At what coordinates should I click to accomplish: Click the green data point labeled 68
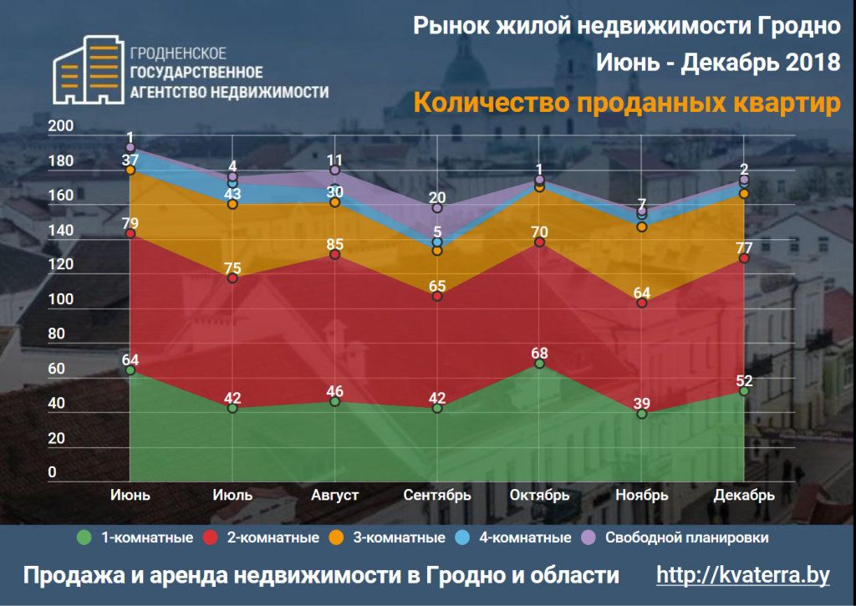540,364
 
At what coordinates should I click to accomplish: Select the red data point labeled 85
335,254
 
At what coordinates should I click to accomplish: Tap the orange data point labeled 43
232,204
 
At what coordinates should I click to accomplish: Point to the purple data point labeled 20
437,208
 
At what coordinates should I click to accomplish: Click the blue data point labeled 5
437,242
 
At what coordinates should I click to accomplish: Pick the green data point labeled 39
642,413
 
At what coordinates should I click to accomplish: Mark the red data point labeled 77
744,258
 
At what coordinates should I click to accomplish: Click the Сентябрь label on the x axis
437,495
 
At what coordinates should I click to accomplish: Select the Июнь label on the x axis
130,495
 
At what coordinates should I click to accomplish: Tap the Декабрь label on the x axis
744,495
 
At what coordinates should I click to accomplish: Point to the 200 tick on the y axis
64,126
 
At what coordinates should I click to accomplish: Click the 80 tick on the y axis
57,334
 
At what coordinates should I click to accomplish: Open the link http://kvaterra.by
742,575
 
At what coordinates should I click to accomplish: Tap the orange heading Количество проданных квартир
626,104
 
